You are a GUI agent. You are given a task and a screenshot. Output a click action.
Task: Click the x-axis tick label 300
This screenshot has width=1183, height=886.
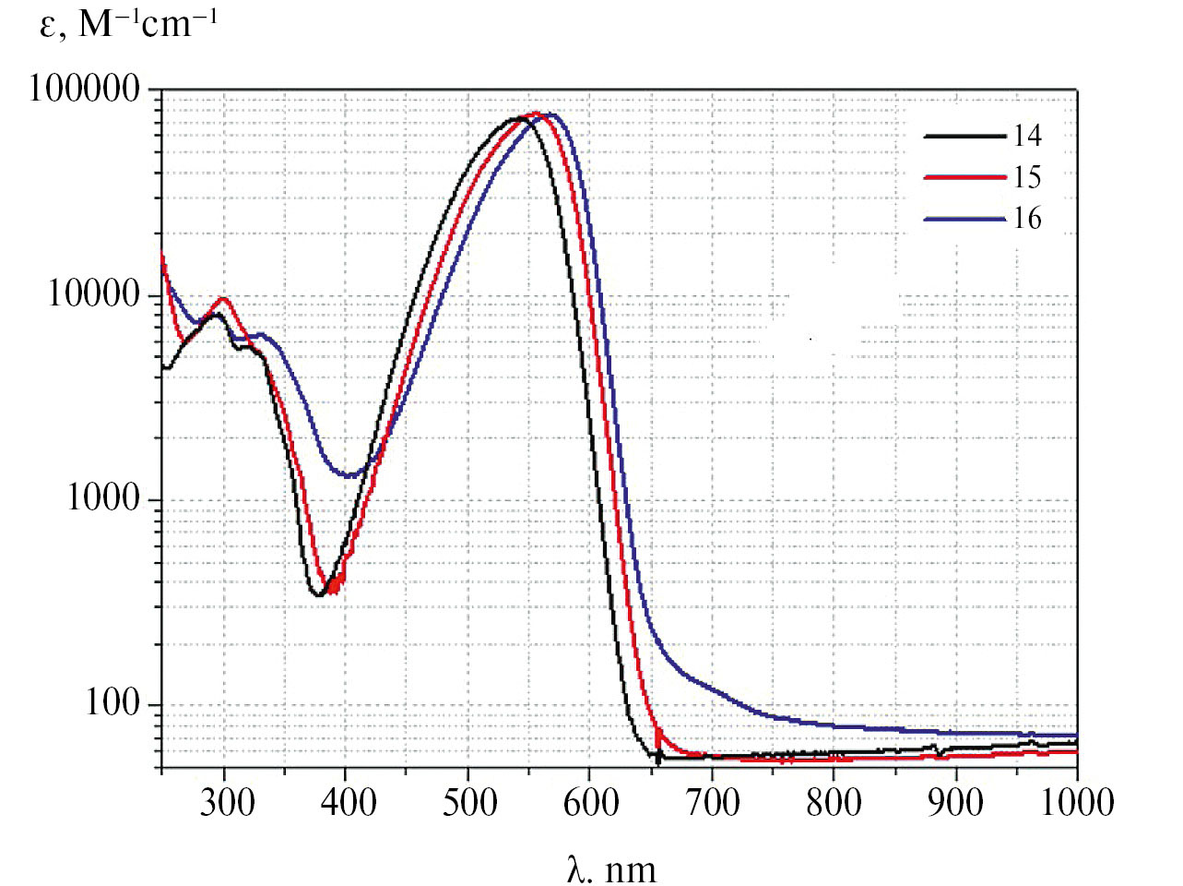point(226,801)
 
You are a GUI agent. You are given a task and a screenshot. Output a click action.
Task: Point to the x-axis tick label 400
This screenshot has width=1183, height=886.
point(348,801)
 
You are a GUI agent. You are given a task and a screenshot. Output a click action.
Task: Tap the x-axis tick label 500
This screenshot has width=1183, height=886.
point(469,801)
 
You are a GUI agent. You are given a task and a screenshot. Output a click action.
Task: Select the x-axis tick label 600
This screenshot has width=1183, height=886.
point(591,801)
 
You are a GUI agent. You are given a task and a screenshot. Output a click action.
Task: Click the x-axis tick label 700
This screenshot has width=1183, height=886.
point(713,801)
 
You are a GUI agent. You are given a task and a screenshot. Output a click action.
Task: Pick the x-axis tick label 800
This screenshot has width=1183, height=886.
point(834,801)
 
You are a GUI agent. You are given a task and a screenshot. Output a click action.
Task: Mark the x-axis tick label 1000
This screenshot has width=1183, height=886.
point(1077,801)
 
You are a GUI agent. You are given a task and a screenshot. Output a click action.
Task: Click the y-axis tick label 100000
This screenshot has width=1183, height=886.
point(84,90)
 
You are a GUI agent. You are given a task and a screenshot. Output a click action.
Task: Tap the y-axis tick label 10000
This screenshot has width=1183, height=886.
point(93,294)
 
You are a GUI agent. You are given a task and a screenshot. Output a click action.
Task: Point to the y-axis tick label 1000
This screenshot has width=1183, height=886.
point(103,498)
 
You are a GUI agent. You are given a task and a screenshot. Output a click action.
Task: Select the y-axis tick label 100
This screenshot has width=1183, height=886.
point(112,703)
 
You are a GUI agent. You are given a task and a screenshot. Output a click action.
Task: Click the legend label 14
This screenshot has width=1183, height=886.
point(1027,136)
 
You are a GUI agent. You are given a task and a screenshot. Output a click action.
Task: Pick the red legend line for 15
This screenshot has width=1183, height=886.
point(964,177)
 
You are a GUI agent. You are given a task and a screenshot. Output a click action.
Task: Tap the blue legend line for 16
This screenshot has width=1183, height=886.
point(964,219)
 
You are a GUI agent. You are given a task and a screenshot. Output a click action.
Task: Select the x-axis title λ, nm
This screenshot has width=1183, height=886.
point(611,868)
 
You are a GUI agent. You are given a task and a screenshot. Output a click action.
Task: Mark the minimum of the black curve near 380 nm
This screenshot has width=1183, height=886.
point(319,595)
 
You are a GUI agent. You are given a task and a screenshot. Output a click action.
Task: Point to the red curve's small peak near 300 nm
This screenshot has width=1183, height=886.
point(222,299)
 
